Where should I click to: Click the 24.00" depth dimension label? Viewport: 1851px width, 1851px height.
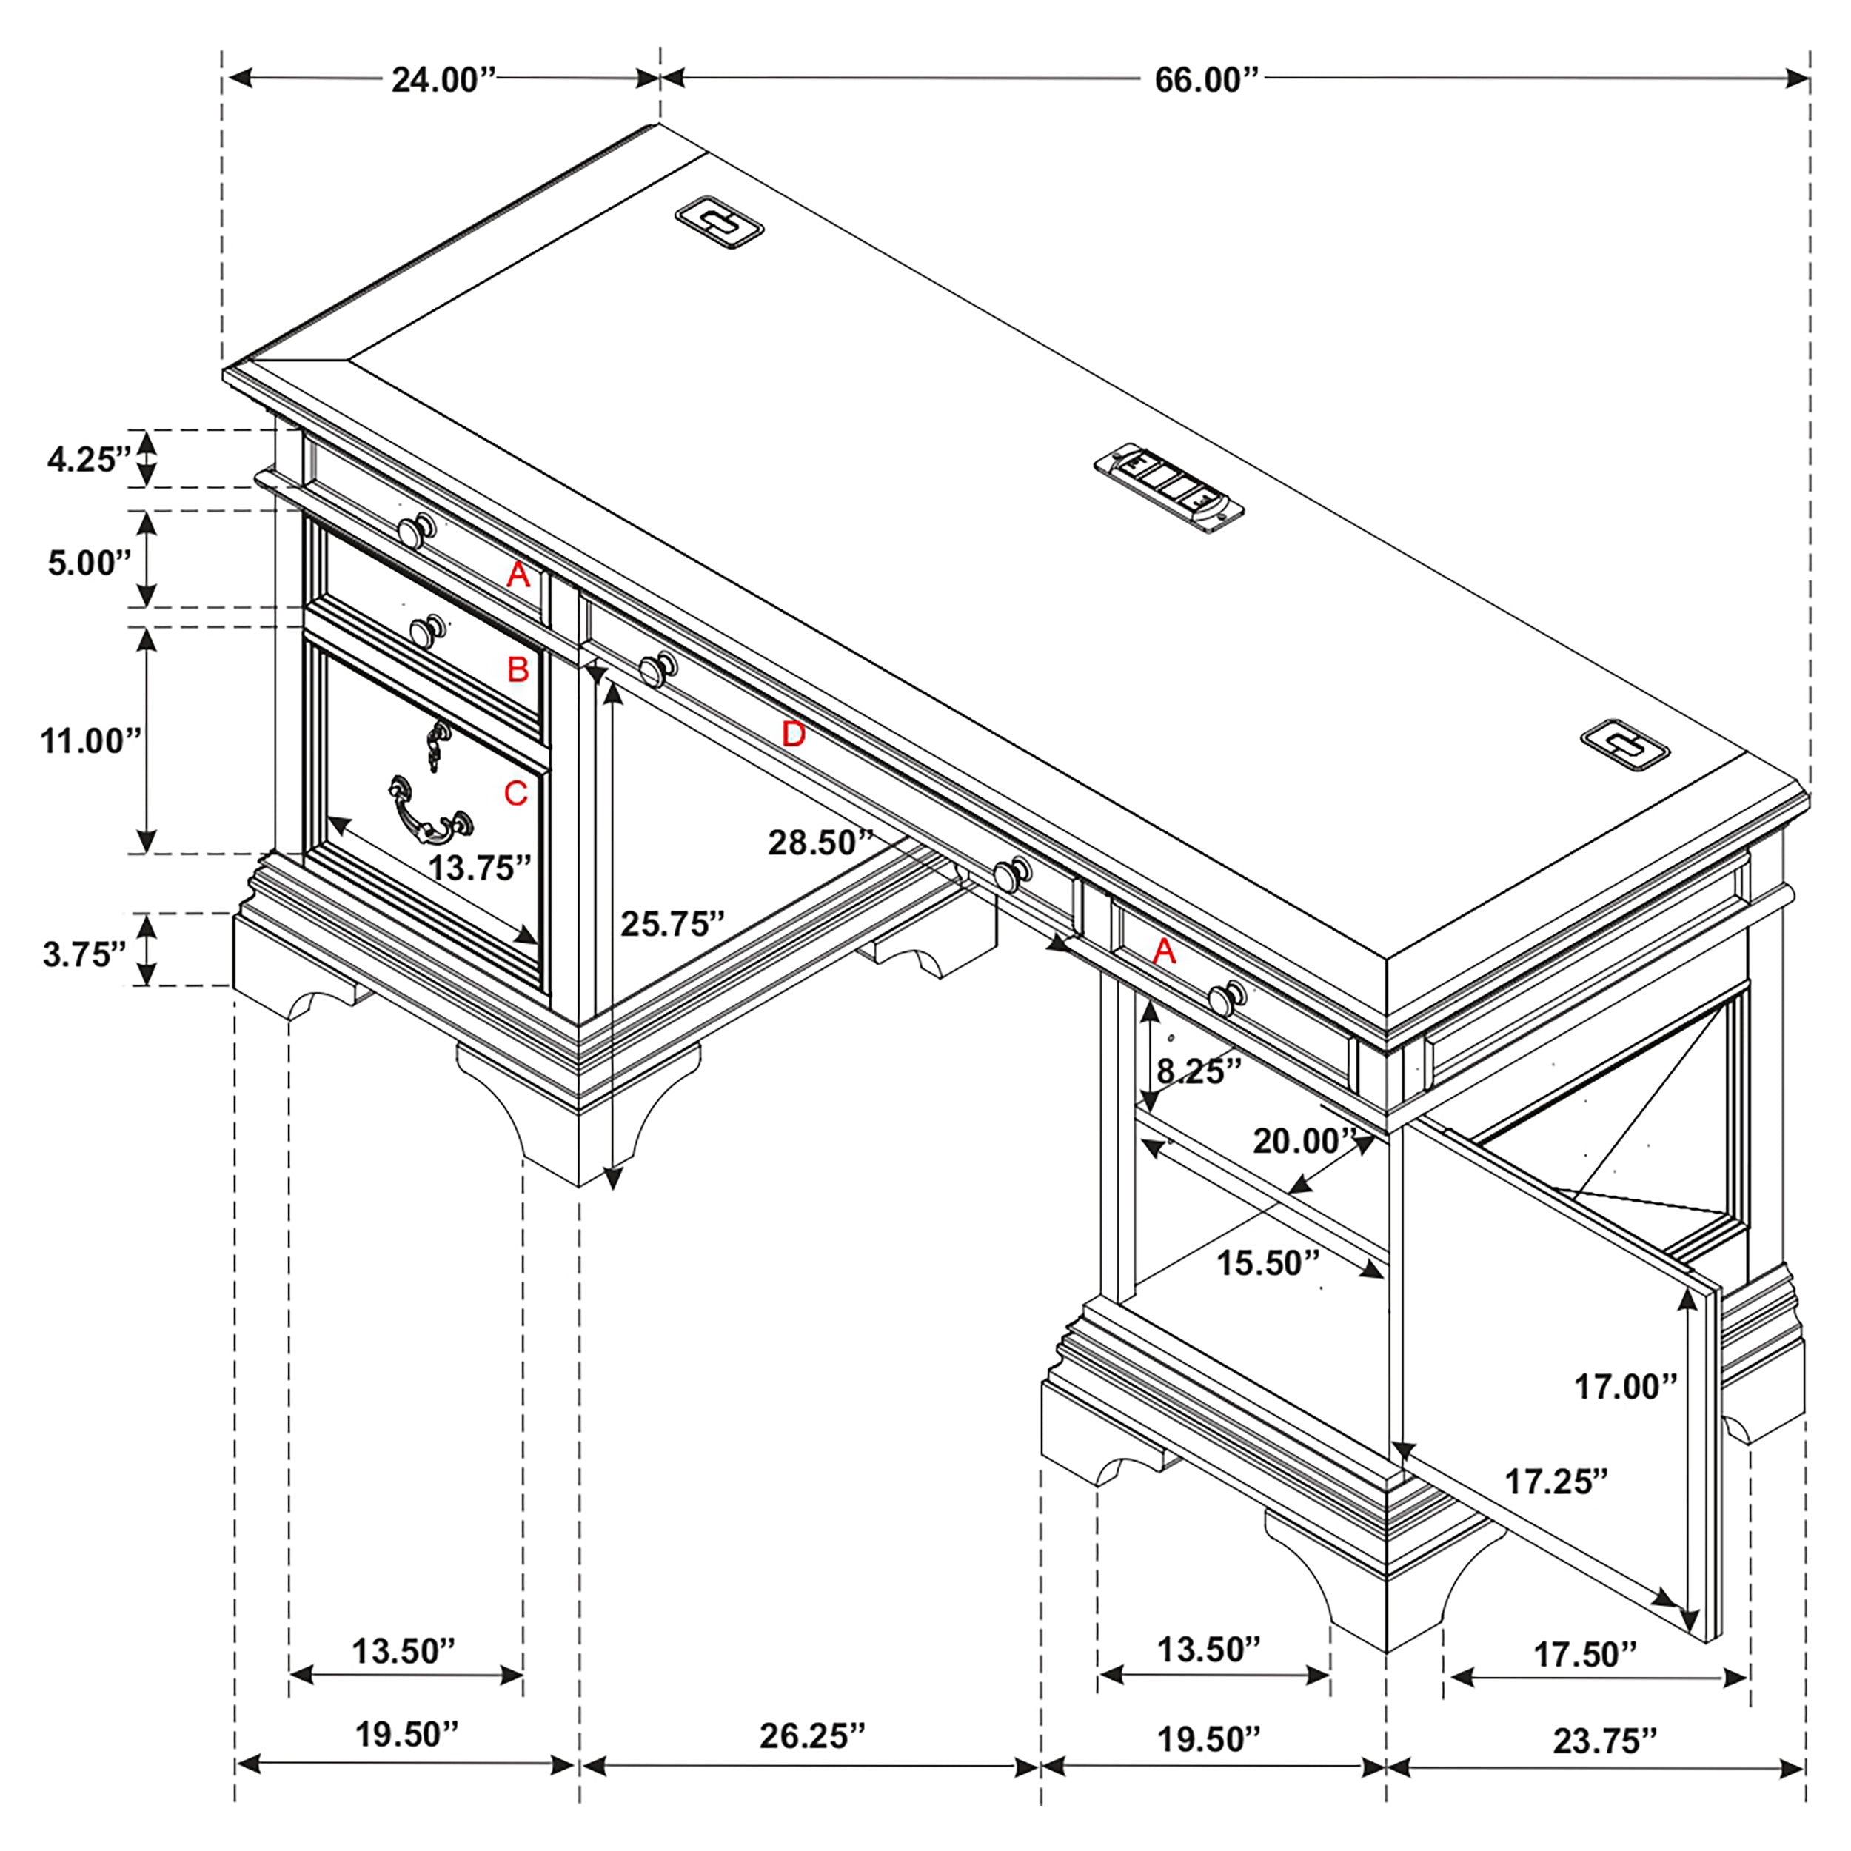(443, 79)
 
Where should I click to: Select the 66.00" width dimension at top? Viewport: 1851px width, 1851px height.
(1205, 79)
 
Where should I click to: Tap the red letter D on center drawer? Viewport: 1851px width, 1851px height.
(793, 734)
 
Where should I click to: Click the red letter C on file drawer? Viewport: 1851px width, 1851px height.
(515, 793)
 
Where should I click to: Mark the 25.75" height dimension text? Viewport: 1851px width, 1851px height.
(672, 923)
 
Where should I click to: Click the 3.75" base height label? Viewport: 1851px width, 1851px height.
(84, 954)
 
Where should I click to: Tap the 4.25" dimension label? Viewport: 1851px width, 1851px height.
(88, 460)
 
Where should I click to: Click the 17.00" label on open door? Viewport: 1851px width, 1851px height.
(1626, 1386)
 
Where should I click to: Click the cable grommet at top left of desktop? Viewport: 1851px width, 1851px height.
(718, 222)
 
